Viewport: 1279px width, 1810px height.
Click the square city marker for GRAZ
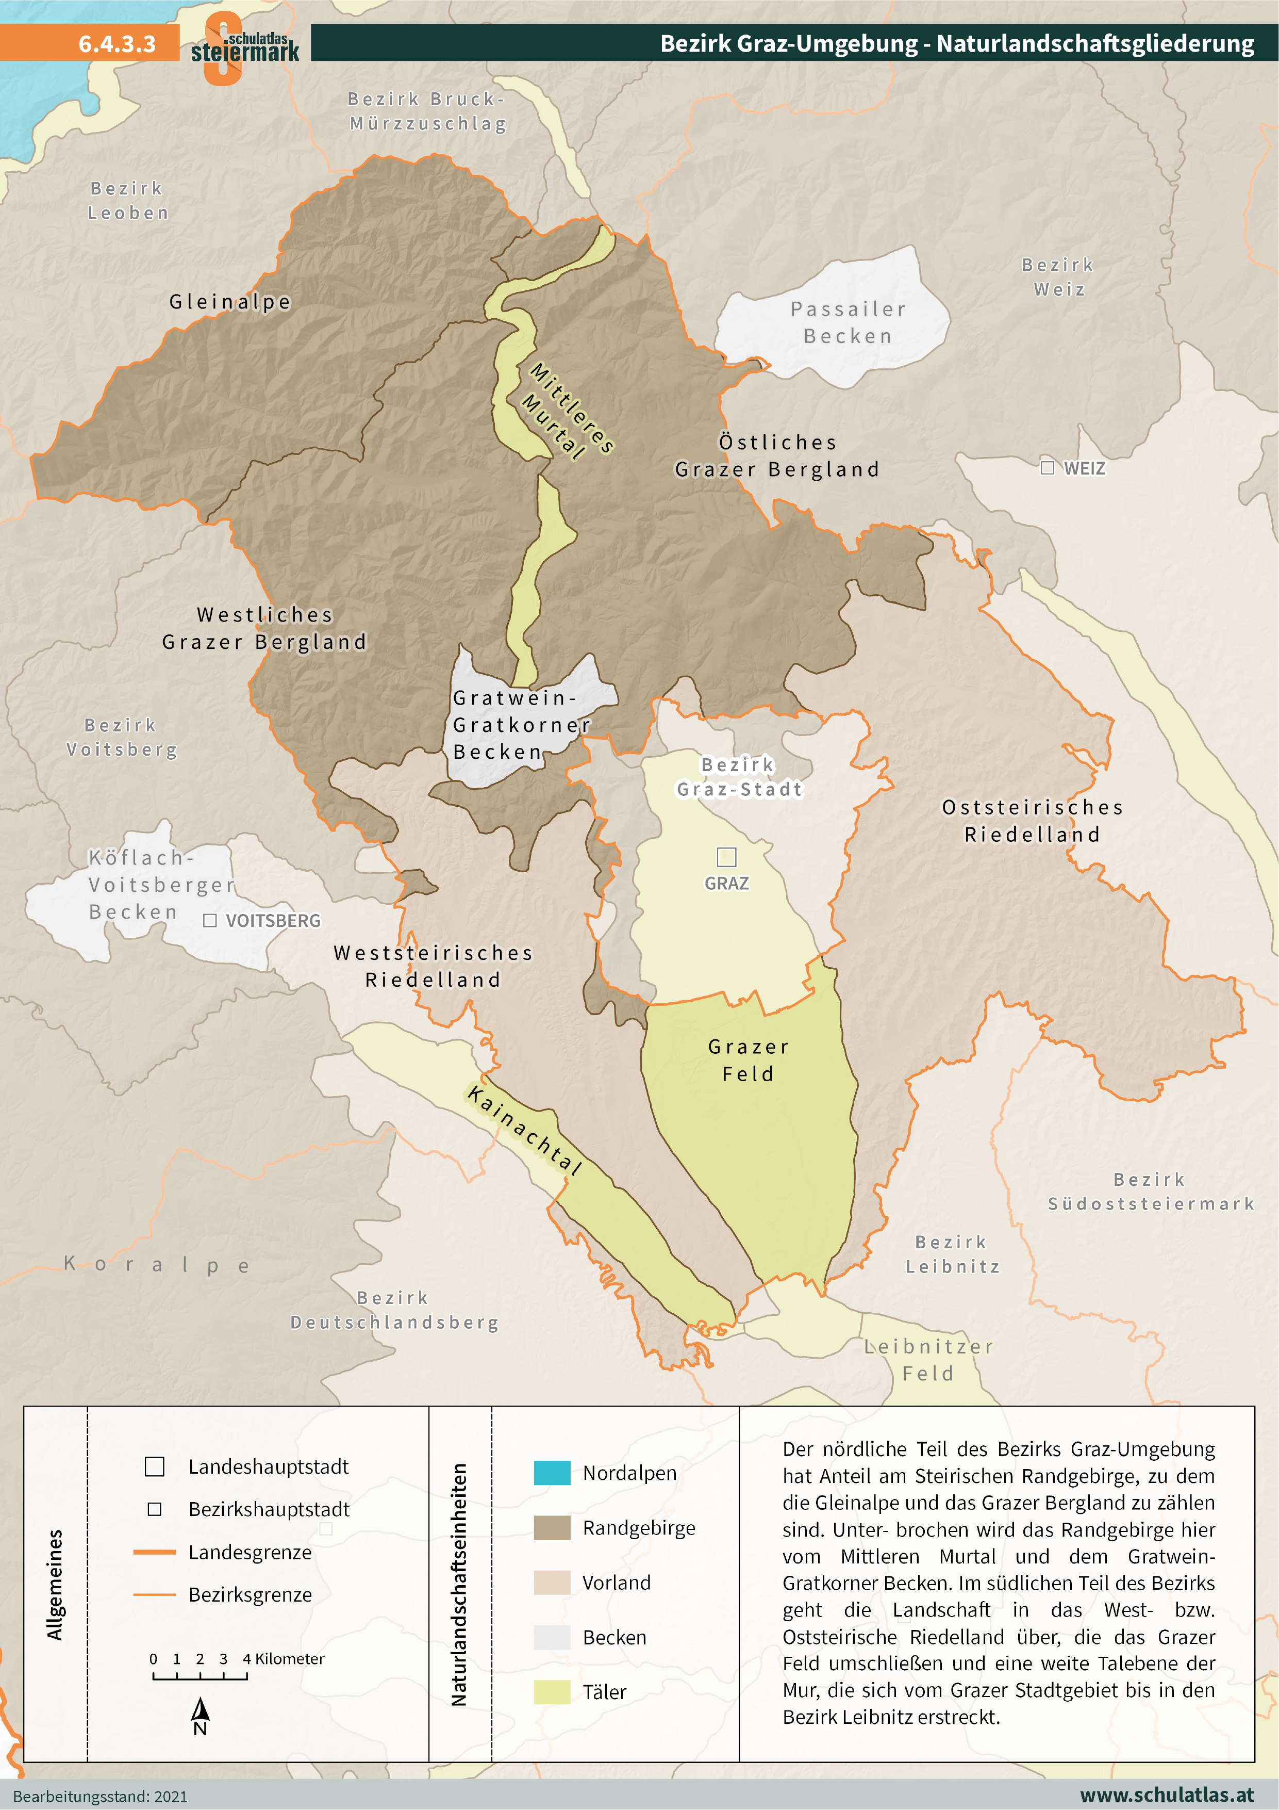[x=726, y=856]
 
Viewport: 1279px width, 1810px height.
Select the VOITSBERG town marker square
[x=210, y=920]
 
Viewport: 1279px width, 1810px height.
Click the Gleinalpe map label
[x=230, y=301]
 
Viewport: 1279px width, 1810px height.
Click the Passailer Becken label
[x=848, y=322]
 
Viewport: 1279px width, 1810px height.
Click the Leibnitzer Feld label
[x=928, y=1360]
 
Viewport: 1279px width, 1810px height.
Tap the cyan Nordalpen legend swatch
[x=552, y=1473]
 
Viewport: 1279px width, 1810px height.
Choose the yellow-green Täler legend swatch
[x=552, y=1692]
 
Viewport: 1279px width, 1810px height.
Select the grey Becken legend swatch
[x=552, y=1637]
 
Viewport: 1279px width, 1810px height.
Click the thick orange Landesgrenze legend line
[x=155, y=1552]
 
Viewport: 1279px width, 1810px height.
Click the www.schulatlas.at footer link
[x=1166, y=1794]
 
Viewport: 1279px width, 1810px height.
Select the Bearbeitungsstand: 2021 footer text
[x=101, y=1796]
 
